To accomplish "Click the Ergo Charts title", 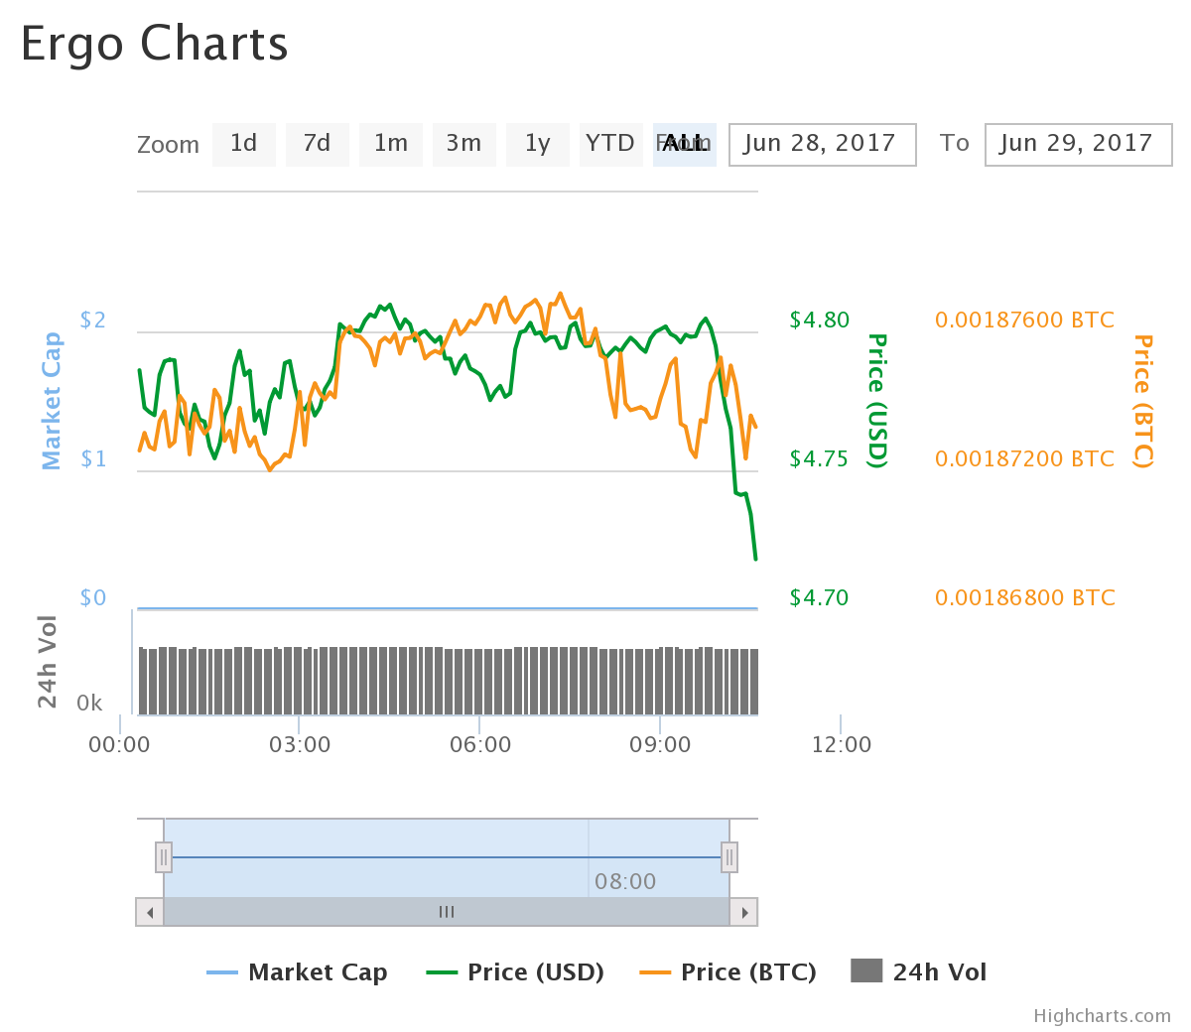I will [x=154, y=45].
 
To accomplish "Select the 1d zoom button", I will [x=243, y=144].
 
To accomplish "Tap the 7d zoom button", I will [x=317, y=144].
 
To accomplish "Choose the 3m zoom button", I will [x=463, y=144].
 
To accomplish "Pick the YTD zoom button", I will [x=609, y=144].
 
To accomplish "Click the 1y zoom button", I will [x=537, y=144].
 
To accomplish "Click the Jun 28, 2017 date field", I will [x=822, y=144].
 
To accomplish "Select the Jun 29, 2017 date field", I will [x=1078, y=144].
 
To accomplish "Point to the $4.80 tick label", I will [x=819, y=320].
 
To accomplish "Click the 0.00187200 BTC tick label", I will [x=1024, y=458].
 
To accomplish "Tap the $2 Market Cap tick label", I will [x=92, y=320].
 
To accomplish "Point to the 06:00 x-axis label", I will [x=480, y=744].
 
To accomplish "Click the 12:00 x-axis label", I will [x=841, y=744].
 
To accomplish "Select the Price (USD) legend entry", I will [x=516, y=971].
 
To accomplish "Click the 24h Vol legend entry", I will [x=919, y=971].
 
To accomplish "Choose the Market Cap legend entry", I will [x=298, y=971].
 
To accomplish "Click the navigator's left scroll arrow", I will [x=150, y=912].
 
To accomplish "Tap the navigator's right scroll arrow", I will [x=743, y=912].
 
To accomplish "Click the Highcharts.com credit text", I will [x=1102, y=1015].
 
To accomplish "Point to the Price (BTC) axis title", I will [x=1143, y=401].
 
